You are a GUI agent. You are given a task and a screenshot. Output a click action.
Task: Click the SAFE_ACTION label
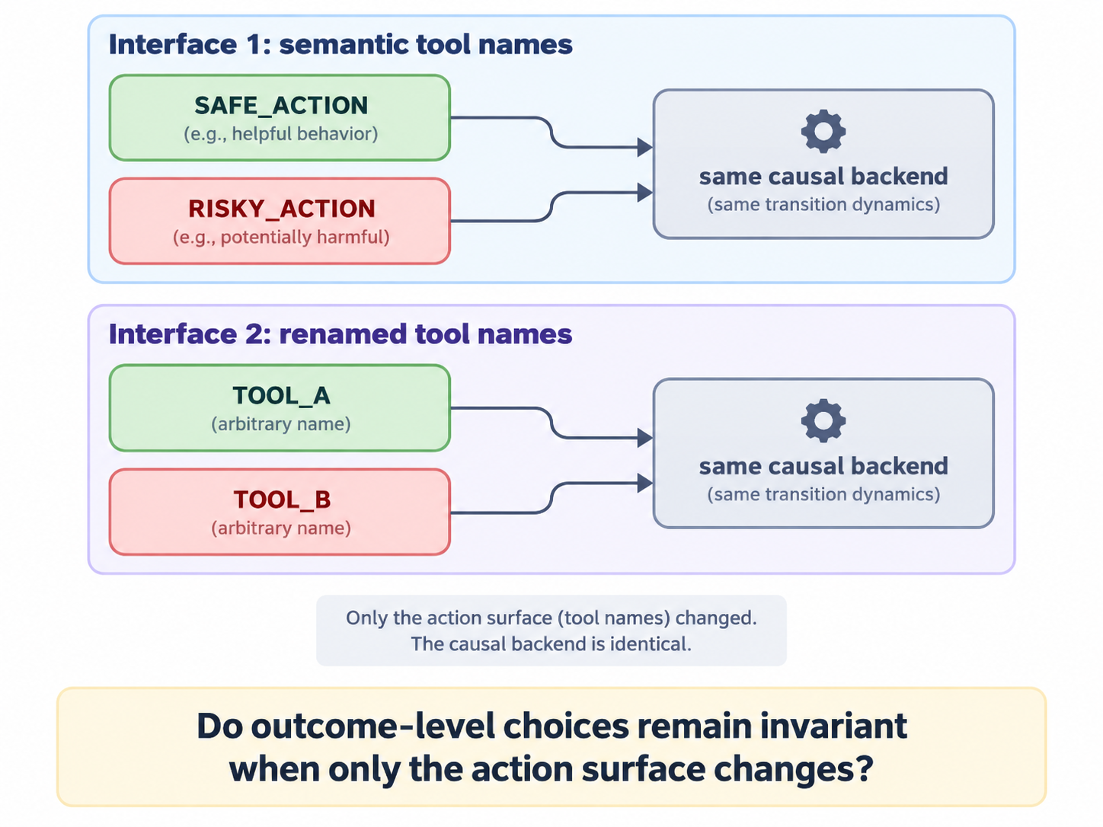(281, 105)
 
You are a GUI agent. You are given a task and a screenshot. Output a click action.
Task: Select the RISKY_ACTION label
(281, 209)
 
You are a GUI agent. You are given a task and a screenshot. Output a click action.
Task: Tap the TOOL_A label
(281, 396)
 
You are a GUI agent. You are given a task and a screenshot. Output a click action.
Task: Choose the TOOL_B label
(282, 499)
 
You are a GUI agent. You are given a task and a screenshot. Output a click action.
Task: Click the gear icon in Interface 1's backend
(823, 131)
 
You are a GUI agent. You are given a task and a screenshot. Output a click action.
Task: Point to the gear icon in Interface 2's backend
(823, 421)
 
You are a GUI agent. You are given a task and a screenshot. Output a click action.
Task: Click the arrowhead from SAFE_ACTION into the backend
(644, 147)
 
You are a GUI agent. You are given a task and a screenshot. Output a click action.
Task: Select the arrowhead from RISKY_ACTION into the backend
(644, 193)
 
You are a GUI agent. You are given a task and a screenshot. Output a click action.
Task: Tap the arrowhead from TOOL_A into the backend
(644, 437)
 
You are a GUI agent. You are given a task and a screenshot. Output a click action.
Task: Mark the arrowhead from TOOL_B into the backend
(644, 483)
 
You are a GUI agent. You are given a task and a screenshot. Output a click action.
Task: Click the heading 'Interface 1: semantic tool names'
(340, 44)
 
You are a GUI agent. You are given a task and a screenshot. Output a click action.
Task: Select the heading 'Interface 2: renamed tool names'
(340, 334)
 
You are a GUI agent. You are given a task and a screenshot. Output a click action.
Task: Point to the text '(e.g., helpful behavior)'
(281, 134)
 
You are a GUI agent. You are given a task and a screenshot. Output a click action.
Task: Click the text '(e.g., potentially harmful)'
(281, 237)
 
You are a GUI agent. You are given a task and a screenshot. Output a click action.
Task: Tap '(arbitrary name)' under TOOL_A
(281, 424)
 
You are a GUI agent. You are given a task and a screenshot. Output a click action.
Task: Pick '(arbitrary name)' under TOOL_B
(281, 528)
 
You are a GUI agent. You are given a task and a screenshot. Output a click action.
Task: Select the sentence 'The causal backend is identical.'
(551, 643)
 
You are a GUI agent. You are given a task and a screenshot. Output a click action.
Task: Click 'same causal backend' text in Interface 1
(823, 176)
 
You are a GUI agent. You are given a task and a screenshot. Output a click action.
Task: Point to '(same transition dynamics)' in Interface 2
(823, 494)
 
